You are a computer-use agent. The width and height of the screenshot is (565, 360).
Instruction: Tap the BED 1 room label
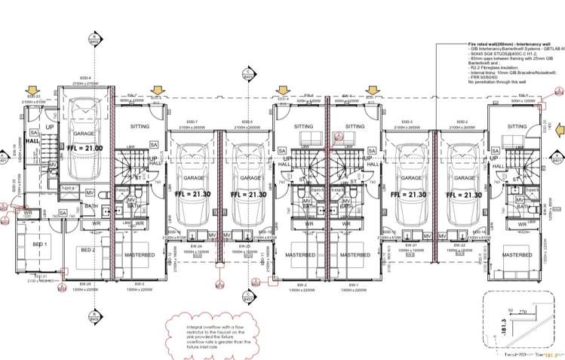coord(39,245)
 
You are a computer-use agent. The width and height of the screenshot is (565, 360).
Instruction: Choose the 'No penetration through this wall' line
coord(496,81)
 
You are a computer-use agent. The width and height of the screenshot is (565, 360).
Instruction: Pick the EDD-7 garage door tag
coord(192,122)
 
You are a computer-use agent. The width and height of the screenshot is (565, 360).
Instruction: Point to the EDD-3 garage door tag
coord(407,122)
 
